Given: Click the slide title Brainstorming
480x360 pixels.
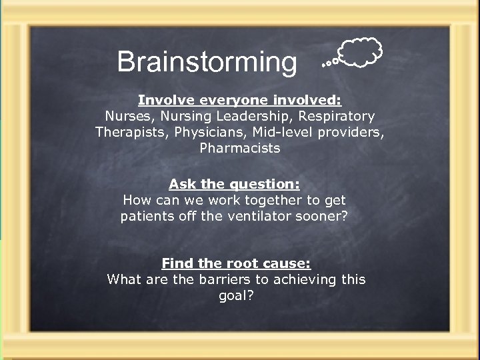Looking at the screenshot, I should [x=207, y=62].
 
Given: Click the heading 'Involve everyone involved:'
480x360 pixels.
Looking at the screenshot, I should [x=239, y=100].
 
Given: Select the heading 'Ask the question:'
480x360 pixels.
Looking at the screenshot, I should [x=234, y=183].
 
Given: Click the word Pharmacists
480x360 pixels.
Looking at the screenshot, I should [x=240, y=148].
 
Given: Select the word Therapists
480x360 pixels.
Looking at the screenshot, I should [x=132, y=132].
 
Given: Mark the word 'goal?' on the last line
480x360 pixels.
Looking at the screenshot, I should [x=237, y=295].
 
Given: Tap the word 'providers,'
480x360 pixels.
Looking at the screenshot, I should [x=354, y=132].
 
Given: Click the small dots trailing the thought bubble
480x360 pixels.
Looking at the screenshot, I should [x=327, y=63].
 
